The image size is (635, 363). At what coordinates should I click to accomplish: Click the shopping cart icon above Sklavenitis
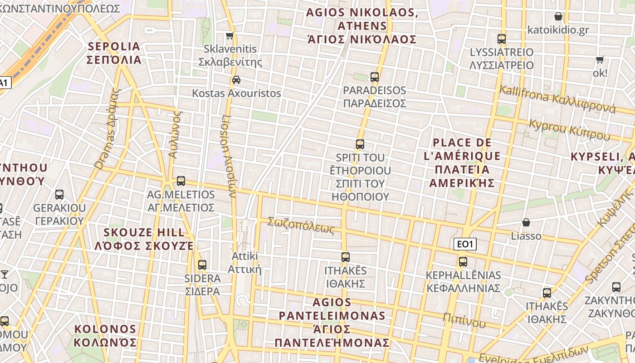tap(230, 36)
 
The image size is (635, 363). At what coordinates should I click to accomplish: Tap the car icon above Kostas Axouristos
tap(236, 80)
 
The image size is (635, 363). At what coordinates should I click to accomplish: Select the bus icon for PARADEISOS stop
tap(374, 77)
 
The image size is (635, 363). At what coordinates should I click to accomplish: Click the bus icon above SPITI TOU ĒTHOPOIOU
tap(360, 144)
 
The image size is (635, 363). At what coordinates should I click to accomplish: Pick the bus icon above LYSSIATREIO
tap(501, 39)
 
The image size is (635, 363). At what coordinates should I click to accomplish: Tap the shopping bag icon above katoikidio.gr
tap(558, 17)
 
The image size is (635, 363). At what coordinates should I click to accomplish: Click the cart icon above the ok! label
tap(600, 59)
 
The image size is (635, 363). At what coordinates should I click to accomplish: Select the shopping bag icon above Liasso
tap(526, 222)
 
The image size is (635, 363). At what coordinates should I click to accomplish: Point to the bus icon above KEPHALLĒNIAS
tap(463, 262)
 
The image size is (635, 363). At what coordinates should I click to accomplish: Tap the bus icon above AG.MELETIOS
tap(181, 181)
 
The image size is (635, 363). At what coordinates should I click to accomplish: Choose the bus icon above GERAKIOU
tap(59, 195)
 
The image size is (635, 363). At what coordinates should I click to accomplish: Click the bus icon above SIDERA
tap(202, 265)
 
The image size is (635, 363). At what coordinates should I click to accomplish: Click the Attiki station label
tap(245, 262)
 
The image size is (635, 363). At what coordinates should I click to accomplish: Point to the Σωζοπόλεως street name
tap(301, 225)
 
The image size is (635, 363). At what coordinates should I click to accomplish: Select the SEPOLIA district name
tap(114, 53)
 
